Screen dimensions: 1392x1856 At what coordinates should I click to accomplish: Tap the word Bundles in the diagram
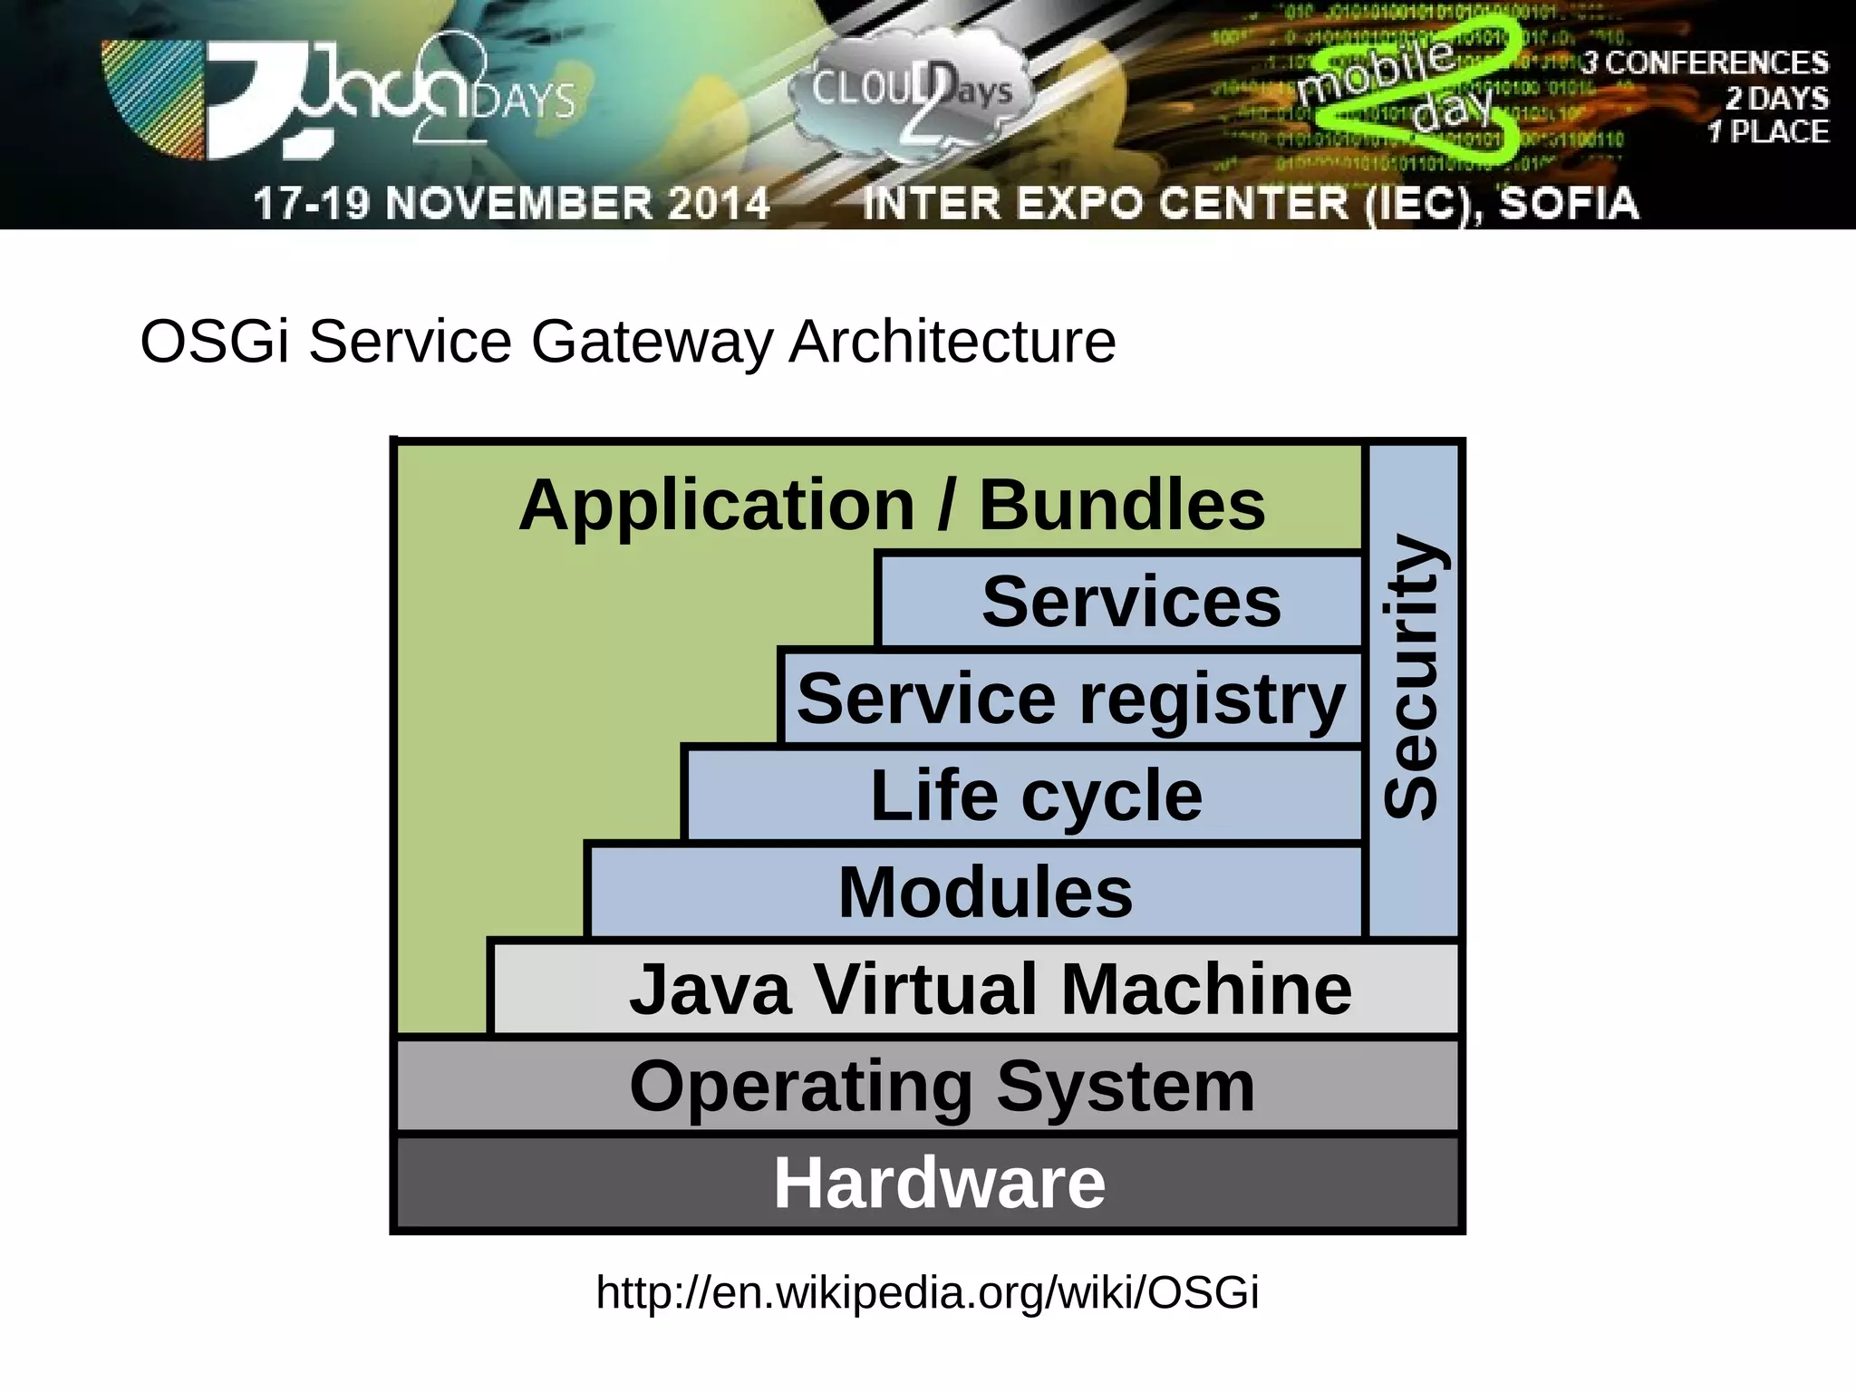point(1121,505)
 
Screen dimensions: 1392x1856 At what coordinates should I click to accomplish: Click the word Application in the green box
point(716,505)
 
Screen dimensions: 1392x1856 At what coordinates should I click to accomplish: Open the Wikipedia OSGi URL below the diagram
point(927,1291)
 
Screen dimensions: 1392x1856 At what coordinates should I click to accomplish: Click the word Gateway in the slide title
point(651,343)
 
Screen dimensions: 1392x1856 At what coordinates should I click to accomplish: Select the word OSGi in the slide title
point(215,343)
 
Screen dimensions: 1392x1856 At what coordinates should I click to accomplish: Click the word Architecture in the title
point(952,343)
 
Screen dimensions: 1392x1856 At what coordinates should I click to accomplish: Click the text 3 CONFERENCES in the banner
point(1704,63)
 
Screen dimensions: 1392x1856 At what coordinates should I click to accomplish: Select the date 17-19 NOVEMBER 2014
point(511,203)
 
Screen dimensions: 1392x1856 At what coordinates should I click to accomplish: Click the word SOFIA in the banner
point(1568,203)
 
